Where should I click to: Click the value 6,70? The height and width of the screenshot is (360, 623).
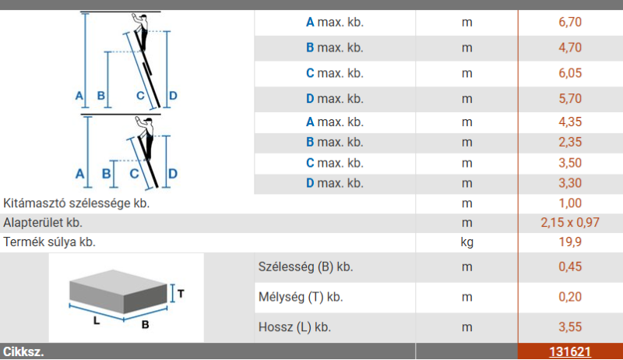point(570,22)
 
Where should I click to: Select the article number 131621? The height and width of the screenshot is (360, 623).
point(570,351)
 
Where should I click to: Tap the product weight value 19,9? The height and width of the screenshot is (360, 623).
point(570,242)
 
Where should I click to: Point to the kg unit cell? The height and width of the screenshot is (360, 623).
point(466,242)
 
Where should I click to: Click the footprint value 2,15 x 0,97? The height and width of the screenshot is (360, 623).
point(570,223)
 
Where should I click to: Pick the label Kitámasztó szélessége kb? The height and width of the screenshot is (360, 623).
point(76,203)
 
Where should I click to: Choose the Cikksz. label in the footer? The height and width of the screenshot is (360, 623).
point(23,351)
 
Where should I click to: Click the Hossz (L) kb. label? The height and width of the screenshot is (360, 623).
point(294,327)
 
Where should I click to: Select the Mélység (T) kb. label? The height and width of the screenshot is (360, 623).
point(301,297)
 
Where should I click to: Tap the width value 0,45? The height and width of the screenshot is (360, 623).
point(570,266)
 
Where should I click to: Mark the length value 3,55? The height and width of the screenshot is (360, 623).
point(570,327)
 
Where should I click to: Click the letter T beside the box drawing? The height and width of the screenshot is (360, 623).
point(181,294)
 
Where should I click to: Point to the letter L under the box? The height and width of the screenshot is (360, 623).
point(97,320)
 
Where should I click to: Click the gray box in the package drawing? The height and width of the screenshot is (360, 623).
point(118,291)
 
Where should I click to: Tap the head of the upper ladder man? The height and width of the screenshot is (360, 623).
point(143,18)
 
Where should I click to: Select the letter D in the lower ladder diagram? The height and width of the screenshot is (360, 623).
point(172,174)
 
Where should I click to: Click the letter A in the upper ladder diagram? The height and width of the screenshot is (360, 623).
point(79,95)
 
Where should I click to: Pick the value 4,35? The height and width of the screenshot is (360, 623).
point(570,122)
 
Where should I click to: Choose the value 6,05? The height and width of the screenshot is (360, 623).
point(570,72)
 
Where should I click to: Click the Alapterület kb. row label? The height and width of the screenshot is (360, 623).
point(43,223)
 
